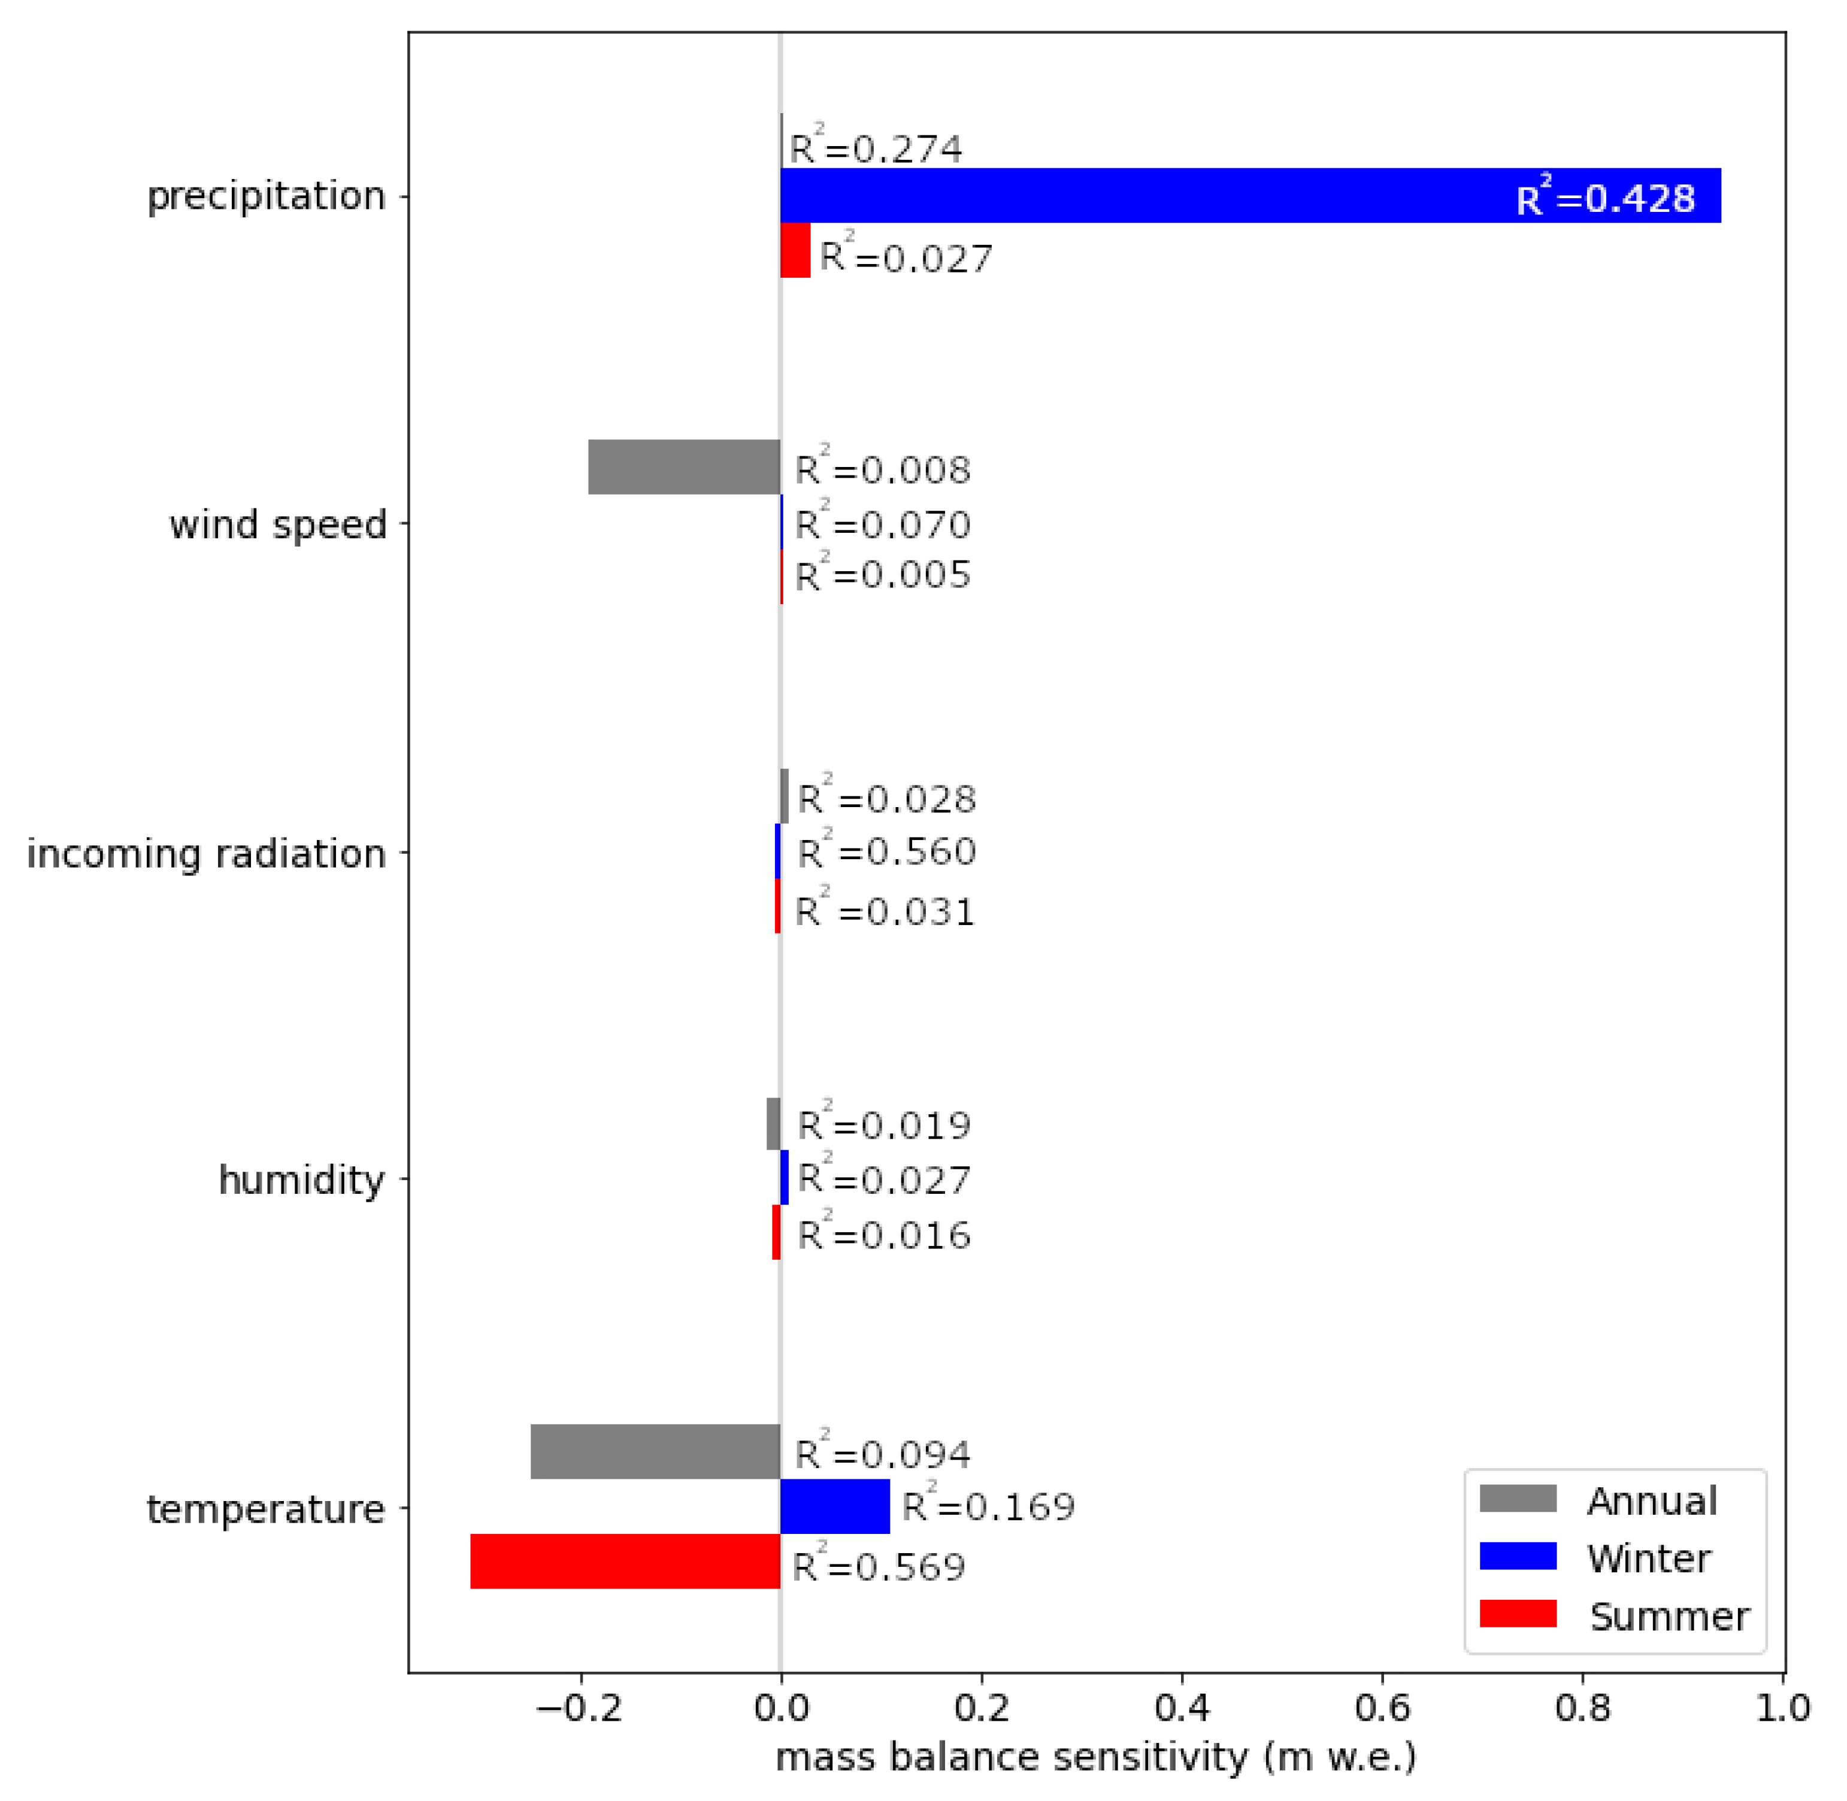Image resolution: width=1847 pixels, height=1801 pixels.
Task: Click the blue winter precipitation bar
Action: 1249,196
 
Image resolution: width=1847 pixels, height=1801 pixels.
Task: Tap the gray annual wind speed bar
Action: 684,467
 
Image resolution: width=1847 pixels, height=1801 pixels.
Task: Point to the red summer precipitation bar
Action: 795,251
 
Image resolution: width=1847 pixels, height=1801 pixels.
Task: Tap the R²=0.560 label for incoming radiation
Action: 886,851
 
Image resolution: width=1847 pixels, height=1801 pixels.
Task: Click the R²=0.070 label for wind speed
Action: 882,524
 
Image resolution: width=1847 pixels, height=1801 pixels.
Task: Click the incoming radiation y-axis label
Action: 206,854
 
